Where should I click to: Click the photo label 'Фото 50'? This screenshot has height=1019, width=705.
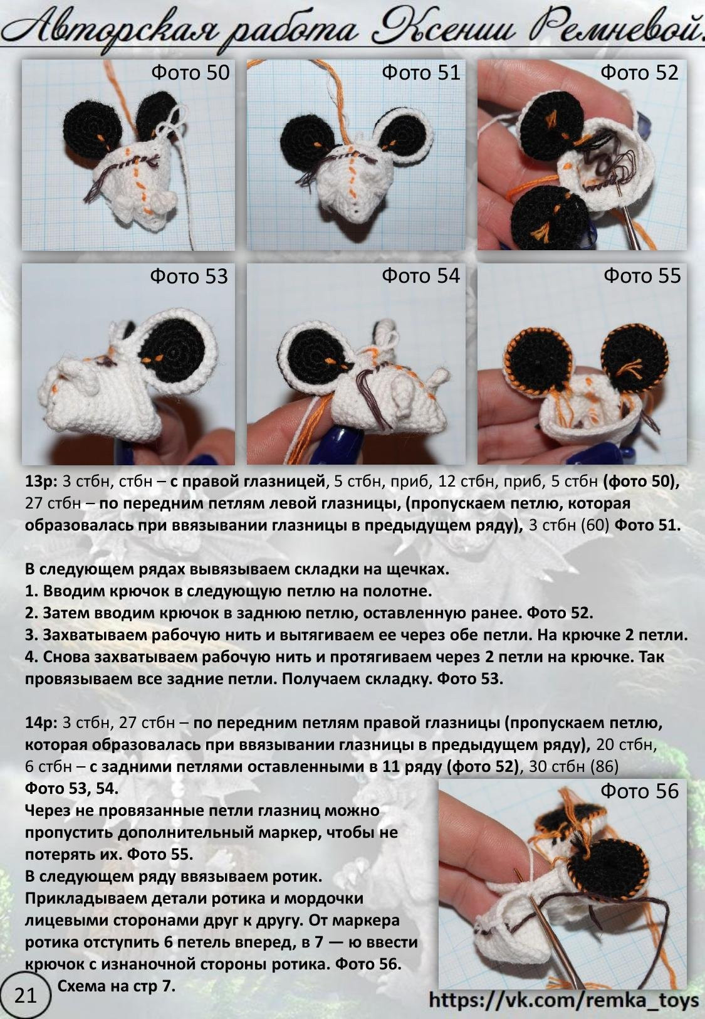point(190,73)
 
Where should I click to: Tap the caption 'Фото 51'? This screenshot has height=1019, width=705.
point(421,73)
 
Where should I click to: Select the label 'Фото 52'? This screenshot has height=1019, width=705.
point(640,73)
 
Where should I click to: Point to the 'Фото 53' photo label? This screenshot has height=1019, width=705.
point(189,276)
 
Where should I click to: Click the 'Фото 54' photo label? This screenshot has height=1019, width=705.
point(420,276)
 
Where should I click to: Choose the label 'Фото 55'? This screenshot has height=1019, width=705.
point(642,276)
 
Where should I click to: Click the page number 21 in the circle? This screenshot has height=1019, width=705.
point(26,996)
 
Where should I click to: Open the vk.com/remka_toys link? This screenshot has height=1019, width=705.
point(564,1000)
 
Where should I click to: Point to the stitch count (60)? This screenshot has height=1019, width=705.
point(595,525)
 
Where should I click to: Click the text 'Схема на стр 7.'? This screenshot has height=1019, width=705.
point(117,985)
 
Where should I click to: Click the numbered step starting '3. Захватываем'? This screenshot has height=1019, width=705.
point(357,635)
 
